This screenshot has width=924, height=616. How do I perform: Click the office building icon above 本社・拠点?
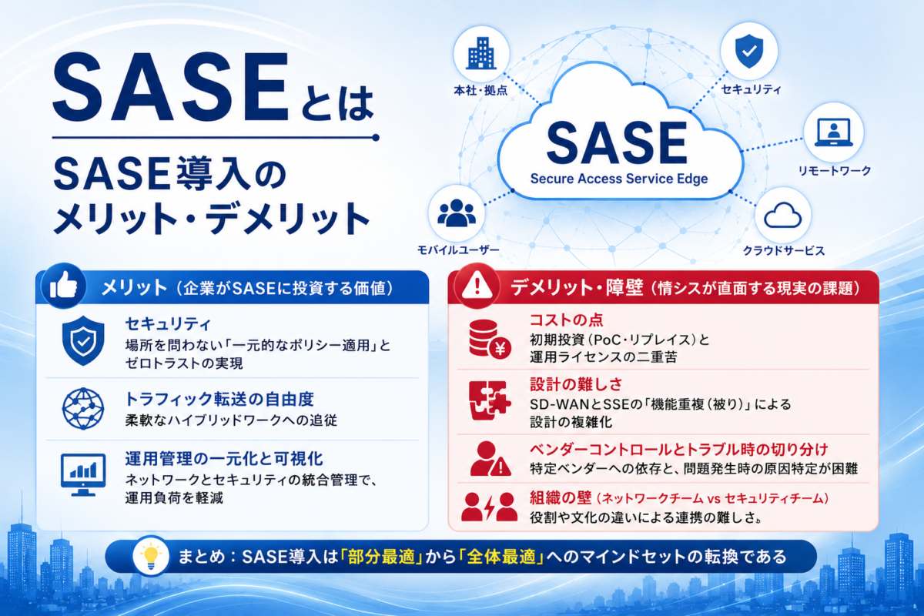(x=481, y=53)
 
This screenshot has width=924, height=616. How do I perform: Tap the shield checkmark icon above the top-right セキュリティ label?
(x=749, y=51)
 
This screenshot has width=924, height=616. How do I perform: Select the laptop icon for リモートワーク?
(x=834, y=132)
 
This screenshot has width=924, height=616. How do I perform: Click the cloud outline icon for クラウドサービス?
(x=782, y=216)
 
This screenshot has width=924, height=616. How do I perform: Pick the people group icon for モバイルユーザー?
(x=456, y=213)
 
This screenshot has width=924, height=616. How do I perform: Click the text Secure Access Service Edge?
(x=619, y=179)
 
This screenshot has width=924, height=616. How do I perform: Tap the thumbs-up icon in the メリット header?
(x=63, y=286)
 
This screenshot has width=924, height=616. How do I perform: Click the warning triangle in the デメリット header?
(x=477, y=286)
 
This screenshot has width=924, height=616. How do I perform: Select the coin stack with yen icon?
(x=490, y=339)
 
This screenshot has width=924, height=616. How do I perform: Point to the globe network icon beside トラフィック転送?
(x=83, y=408)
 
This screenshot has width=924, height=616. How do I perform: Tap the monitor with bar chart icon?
(x=83, y=475)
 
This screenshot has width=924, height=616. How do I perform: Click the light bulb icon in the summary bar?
(x=151, y=556)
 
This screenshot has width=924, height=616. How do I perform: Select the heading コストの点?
(x=567, y=320)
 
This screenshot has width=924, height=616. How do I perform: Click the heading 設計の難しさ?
(x=576, y=384)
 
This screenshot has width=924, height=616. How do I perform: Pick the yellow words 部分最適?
(x=381, y=557)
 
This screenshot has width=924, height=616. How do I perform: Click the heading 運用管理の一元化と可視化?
(x=224, y=458)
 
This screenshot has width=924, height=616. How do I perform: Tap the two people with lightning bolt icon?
(x=489, y=507)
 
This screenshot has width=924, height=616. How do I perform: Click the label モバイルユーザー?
(x=458, y=249)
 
